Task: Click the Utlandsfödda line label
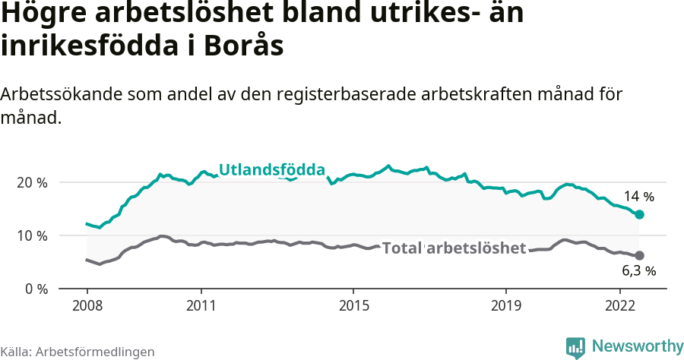[272, 170]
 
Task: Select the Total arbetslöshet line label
[454, 248]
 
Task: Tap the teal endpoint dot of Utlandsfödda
[640, 215]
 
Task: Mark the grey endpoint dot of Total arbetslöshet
[640, 256]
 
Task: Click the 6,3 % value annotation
[638, 270]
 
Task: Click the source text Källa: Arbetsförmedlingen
[78, 352]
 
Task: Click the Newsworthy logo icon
[575, 347]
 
